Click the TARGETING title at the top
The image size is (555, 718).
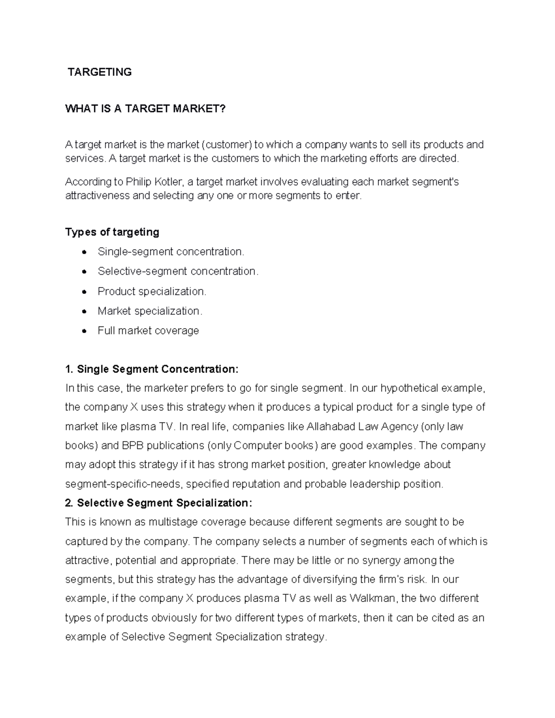99,72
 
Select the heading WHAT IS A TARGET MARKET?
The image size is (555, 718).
145,109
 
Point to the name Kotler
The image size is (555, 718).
166,182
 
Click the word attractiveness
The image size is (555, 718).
98,196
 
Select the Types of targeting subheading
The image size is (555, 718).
112,232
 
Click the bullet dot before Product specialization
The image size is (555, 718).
84,292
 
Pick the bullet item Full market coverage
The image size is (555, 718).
148,331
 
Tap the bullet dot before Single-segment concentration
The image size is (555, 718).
84,252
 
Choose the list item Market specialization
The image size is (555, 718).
149,311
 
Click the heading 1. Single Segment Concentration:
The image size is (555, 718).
152,369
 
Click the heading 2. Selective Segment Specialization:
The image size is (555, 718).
159,503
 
